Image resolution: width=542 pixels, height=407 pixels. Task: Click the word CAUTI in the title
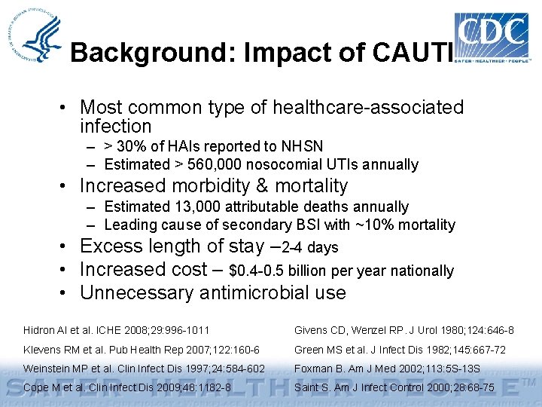tap(411, 53)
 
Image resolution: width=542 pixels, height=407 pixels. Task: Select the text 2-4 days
tap(309, 247)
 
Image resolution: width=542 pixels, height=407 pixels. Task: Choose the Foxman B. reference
tap(384, 369)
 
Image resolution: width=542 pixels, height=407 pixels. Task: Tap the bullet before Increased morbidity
tap(67, 186)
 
